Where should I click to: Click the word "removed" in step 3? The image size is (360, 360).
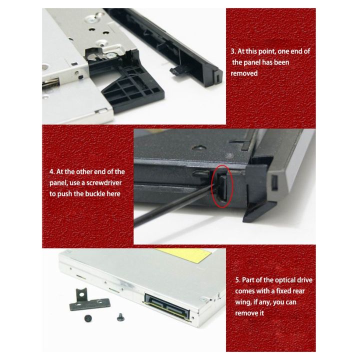(244, 73)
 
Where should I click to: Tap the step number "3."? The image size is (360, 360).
(233, 51)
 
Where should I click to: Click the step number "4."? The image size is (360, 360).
(52, 172)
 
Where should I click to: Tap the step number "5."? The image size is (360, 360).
(237, 280)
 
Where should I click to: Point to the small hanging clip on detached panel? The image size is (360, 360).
(176, 70)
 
